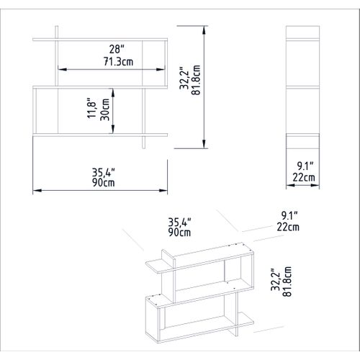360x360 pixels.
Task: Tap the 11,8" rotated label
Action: (x=91, y=111)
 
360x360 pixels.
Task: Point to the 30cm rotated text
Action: (x=104, y=111)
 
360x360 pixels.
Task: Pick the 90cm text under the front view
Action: (x=103, y=183)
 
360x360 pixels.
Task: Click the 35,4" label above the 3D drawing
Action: (x=180, y=222)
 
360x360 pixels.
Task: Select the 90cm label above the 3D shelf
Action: (x=180, y=233)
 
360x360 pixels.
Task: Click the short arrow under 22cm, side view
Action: (x=302, y=185)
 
